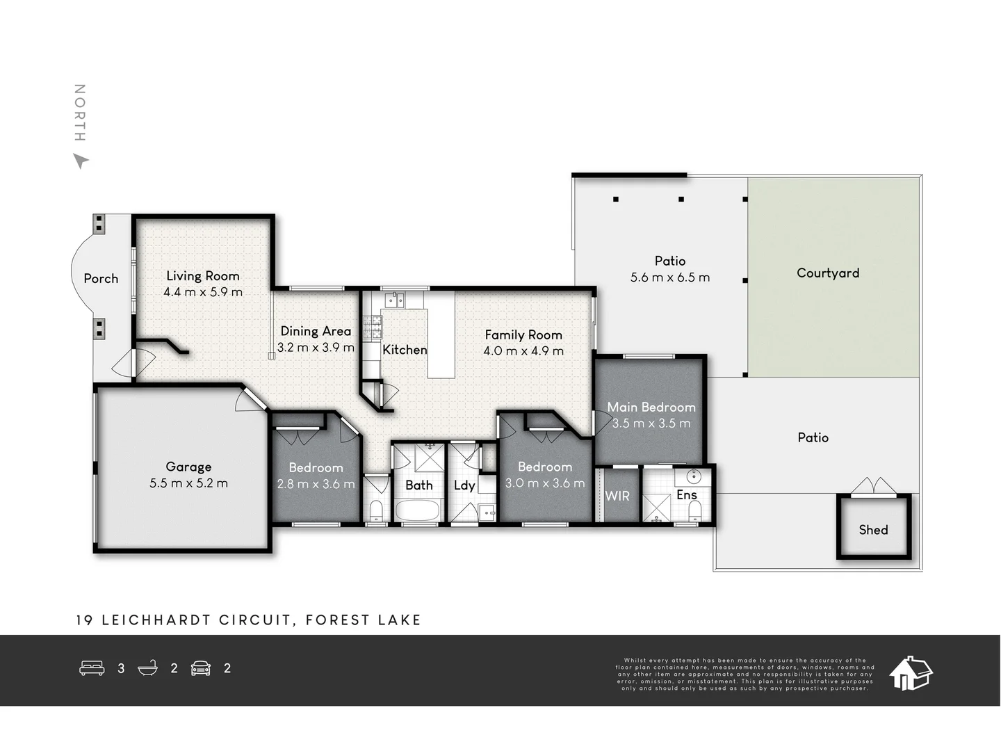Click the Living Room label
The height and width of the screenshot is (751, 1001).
[202, 276]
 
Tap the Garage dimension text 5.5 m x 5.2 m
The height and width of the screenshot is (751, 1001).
[188, 483]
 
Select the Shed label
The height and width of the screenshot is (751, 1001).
[873, 530]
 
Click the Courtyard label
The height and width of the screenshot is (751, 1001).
[827, 273]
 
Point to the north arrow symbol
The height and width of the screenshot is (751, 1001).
[81, 161]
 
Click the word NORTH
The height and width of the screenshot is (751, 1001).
[80, 113]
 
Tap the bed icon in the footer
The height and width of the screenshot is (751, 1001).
[92, 668]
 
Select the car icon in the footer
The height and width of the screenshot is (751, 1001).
[201, 668]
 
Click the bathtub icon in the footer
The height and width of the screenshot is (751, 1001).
[147, 668]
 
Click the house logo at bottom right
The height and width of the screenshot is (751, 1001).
[911, 672]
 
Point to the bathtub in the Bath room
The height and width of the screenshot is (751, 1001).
[418, 510]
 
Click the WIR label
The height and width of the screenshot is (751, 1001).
[617, 496]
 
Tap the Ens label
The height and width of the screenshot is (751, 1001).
[686, 494]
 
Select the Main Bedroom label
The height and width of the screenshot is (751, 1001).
[651, 407]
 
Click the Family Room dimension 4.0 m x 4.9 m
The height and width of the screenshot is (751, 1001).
[523, 351]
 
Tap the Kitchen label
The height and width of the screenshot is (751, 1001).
[405, 350]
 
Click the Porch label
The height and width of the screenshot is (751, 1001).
[101, 278]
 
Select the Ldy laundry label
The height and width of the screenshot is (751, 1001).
[464, 485]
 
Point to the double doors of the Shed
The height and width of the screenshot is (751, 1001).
[873, 485]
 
